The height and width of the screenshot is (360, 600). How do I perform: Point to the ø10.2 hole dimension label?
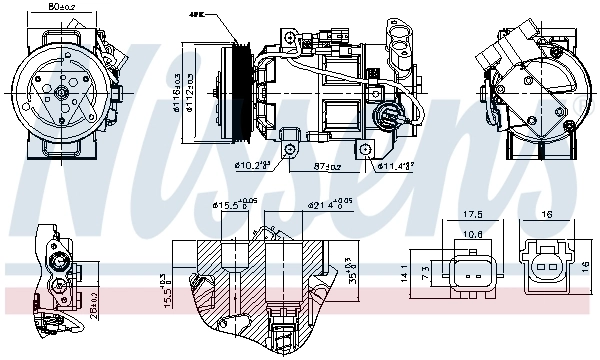pyautogui.click(x=251, y=165)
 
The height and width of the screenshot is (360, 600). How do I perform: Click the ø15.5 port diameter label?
pyautogui.click(x=229, y=207)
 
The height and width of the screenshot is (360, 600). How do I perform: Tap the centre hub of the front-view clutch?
pyautogui.click(x=62, y=93)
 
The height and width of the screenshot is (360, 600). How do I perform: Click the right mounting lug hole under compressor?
pyautogui.click(x=370, y=149)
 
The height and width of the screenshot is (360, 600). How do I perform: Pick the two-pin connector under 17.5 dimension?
pyautogui.click(x=473, y=270)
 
